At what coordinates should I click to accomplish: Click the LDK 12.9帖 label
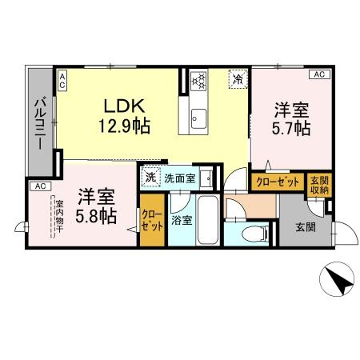point(125,116)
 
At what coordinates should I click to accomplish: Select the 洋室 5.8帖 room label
point(96,206)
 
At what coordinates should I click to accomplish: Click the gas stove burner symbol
point(199,79)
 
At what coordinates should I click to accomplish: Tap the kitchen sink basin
point(199,118)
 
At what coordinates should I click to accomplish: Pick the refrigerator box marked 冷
point(238,78)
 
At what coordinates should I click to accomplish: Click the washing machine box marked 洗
point(150,178)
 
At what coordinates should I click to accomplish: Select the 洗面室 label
point(180,178)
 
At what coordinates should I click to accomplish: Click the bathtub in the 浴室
point(208,220)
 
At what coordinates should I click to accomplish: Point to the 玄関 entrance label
point(306,227)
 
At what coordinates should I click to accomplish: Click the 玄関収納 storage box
point(319,185)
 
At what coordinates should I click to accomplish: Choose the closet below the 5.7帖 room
point(278,182)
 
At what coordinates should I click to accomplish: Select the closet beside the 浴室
point(152,220)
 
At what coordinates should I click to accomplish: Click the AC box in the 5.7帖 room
point(319,74)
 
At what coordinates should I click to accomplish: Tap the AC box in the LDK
point(62,81)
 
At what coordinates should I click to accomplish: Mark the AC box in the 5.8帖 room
point(41,186)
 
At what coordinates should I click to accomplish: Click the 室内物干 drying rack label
point(59,216)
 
